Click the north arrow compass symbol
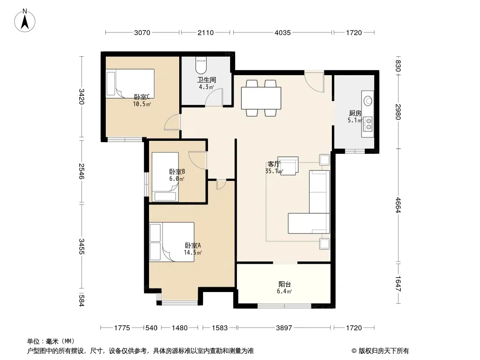(25, 20)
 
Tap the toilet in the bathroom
(201, 64)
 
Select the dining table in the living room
(261, 98)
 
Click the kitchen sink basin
(368, 100)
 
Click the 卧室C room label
(142, 97)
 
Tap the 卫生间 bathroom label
(206, 80)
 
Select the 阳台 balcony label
(285, 284)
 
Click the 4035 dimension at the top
(282, 32)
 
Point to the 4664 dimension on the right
(398, 205)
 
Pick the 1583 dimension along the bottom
(220, 328)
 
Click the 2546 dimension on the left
(82, 171)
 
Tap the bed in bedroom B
(165, 177)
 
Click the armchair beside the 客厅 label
(288, 166)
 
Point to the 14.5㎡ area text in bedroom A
(193, 252)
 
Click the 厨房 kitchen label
(355, 113)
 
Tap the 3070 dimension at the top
(142, 32)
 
